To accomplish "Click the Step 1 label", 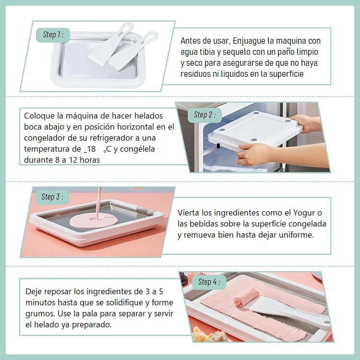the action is click(x=53, y=35).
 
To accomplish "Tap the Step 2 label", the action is click(x=204, y=115).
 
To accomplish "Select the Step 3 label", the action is click(x=52, y=197).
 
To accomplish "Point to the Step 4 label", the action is click(x=209, y=282).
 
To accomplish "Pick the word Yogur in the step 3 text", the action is click(x=304, y=213).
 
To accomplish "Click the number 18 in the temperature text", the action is click(x=91, y=149).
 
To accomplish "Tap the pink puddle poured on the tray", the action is click(x=94, y=221).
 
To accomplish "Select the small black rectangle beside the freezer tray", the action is click(x=218, y=146).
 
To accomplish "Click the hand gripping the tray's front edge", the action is click(x=255, y=153).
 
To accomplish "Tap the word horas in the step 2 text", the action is click(x=90, y=160).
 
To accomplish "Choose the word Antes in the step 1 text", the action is click(x=190, y=41).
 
